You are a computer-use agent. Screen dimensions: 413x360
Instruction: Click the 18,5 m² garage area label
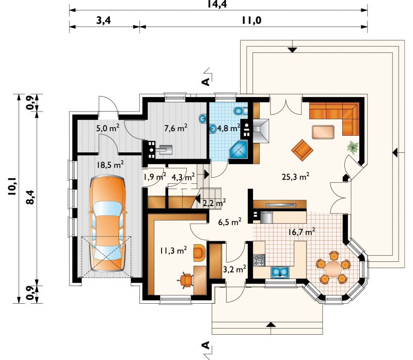point(110,165)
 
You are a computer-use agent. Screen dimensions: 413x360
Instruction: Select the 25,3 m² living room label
point(295,176)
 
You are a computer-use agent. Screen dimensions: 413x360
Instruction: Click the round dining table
point(333,268)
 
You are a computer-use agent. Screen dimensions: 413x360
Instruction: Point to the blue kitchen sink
point(280,272)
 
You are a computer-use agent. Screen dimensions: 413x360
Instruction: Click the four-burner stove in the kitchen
point(259,260)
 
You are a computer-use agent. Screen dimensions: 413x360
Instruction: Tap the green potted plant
point(353,147)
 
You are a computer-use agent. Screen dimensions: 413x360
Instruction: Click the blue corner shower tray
point(239,150)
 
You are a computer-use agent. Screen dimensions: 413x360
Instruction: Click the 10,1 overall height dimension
point(12,186)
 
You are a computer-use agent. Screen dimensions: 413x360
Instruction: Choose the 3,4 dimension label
point(104,20)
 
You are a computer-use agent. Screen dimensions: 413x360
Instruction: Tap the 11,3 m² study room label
point(173,250)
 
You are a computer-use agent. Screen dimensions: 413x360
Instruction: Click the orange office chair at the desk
point(186,280)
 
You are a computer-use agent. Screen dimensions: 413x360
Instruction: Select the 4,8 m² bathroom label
point(228,128)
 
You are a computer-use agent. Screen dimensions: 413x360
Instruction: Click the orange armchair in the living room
point(302,149)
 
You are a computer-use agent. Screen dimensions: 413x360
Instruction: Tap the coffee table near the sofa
point(323,132)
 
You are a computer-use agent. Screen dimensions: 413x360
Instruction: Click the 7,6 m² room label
point(176,128)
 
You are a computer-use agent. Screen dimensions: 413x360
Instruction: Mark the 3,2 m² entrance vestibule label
point(234,269)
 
